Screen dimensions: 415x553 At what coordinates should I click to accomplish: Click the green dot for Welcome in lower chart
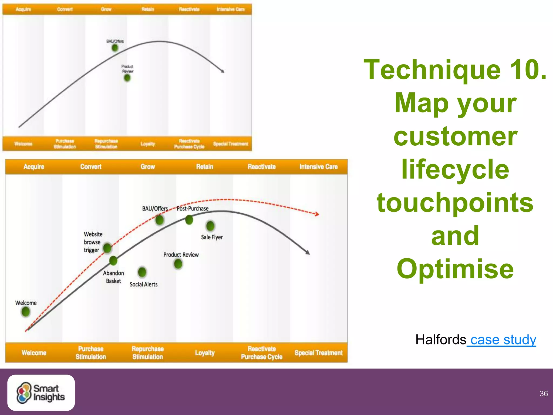click(x=26, y=312)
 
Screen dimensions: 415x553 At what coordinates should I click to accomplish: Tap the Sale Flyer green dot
click(x=210, y=226)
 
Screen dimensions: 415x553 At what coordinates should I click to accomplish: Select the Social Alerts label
click(x=143, y=284)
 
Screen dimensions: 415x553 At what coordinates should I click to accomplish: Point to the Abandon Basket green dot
click(x=113, y=261)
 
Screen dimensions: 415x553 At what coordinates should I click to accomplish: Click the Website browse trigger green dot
click(x=107, y=247)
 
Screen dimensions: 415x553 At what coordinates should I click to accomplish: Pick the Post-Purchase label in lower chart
click(x=193, y=209)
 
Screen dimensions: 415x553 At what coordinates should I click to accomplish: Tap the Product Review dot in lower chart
click(x=178, y=264)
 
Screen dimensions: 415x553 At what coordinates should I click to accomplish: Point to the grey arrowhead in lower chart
click(x=308, y=252)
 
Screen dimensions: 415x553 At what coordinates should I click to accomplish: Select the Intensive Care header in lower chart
click(x=318, y=167)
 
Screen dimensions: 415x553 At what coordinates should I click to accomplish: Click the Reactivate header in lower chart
click(x=262, y=167)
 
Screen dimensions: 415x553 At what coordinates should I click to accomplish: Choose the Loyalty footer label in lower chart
click(x=205, y=353)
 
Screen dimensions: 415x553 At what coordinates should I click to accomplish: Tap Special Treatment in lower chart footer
click(x=318, y=353)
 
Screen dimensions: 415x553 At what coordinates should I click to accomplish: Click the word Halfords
click(x=441, y=340)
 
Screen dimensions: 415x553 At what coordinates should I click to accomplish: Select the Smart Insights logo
click(x=41, y=393)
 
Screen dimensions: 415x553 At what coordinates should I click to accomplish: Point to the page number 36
click(x=544, y=394)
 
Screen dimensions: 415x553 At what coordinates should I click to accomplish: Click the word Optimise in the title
click(x=455, y=269)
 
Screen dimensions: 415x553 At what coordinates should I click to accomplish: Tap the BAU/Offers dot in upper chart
click(x=115, y=48)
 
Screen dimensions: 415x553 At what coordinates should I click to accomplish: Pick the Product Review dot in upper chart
click(x=127, y=78)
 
